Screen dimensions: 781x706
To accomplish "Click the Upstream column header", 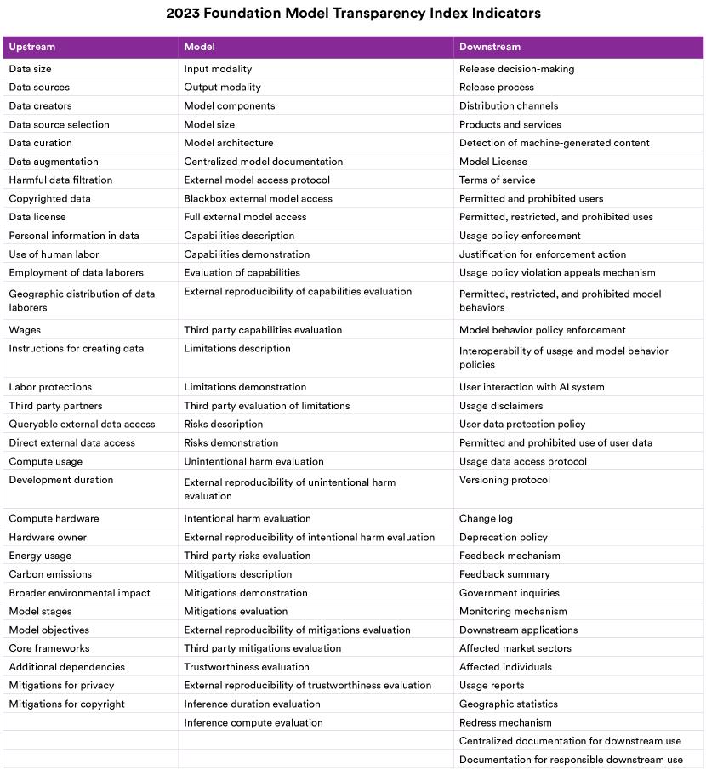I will (x=32, y=47).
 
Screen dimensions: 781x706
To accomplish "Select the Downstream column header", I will (x=490, y=47).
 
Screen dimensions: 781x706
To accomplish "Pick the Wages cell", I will (x=25, y=330).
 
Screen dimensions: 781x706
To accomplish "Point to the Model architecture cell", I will (x=229, y=143).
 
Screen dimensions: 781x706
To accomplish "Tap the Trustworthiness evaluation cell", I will (x=247, y=667).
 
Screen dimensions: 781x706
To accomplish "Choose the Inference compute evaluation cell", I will (x=253, y=722).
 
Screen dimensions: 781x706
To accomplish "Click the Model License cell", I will (x=493, y=162).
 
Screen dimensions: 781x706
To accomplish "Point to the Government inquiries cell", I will (x=510, y=593).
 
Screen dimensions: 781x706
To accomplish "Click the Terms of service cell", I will (x=498, y=180).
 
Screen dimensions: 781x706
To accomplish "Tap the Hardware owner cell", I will (x=48, y=537).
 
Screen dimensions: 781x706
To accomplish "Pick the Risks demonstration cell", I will (x=231, y=442).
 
